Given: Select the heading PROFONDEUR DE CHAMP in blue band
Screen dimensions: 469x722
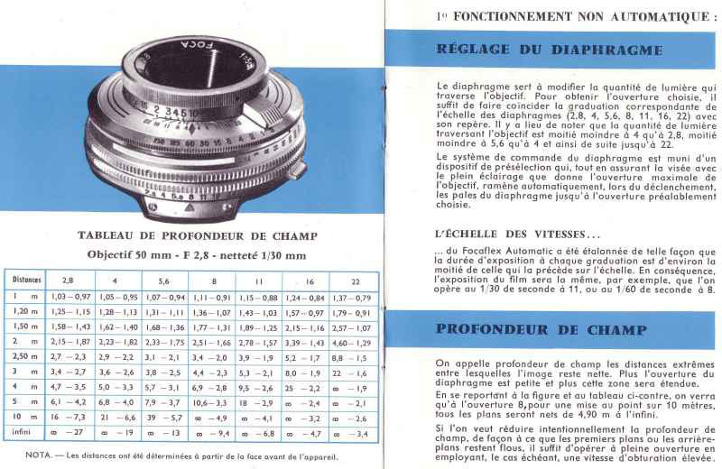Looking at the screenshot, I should (x=533, y=329).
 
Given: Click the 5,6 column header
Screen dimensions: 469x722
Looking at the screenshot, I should (x=163, y=280).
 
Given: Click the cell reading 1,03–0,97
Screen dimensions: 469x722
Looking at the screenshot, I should (x=69, y=296).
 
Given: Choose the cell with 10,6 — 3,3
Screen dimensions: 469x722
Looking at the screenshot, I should (x=211, y=402).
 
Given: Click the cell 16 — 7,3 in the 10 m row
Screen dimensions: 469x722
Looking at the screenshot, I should (x=69, y=418).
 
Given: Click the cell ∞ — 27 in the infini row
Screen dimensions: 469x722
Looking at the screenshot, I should (x=69, y=433).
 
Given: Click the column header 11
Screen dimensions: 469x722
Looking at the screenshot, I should (x=258, y=280).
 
